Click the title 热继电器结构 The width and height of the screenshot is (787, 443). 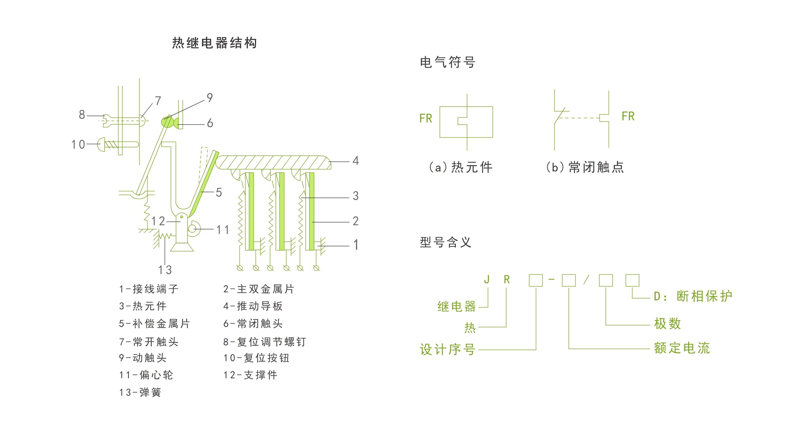click(x=214, y=43)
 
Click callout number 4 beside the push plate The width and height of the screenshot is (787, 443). click(x=356, y=161)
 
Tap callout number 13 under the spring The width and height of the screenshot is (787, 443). click(x=165, y=270)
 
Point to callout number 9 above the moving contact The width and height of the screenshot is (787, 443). click(x=210, y=98)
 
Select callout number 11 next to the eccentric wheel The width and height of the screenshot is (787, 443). click(x=223, y=230)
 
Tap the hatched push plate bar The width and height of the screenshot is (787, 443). click(x=274, y=163)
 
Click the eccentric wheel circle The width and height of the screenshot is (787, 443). click(x=193, y=229)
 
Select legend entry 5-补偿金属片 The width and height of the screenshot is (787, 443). click(x=154, y=324)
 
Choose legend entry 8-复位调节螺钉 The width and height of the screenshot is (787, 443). click(x=265, y=342)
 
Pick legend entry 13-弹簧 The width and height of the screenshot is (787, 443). click(x=140, y=392)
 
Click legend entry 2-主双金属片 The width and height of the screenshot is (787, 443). click(x=258, y=289)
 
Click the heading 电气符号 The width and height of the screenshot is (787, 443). click(x=447, y=62)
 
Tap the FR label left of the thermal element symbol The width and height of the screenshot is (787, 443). click(x=426, y=119)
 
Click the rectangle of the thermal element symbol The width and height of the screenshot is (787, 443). click(x=479, y=122)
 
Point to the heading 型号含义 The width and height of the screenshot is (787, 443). click(x=445, y=242)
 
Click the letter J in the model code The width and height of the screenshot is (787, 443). click(x=487, y=280)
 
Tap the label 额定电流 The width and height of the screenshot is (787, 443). click(x=682, y=348)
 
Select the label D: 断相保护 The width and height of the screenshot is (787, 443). click(x=693, y=296)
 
